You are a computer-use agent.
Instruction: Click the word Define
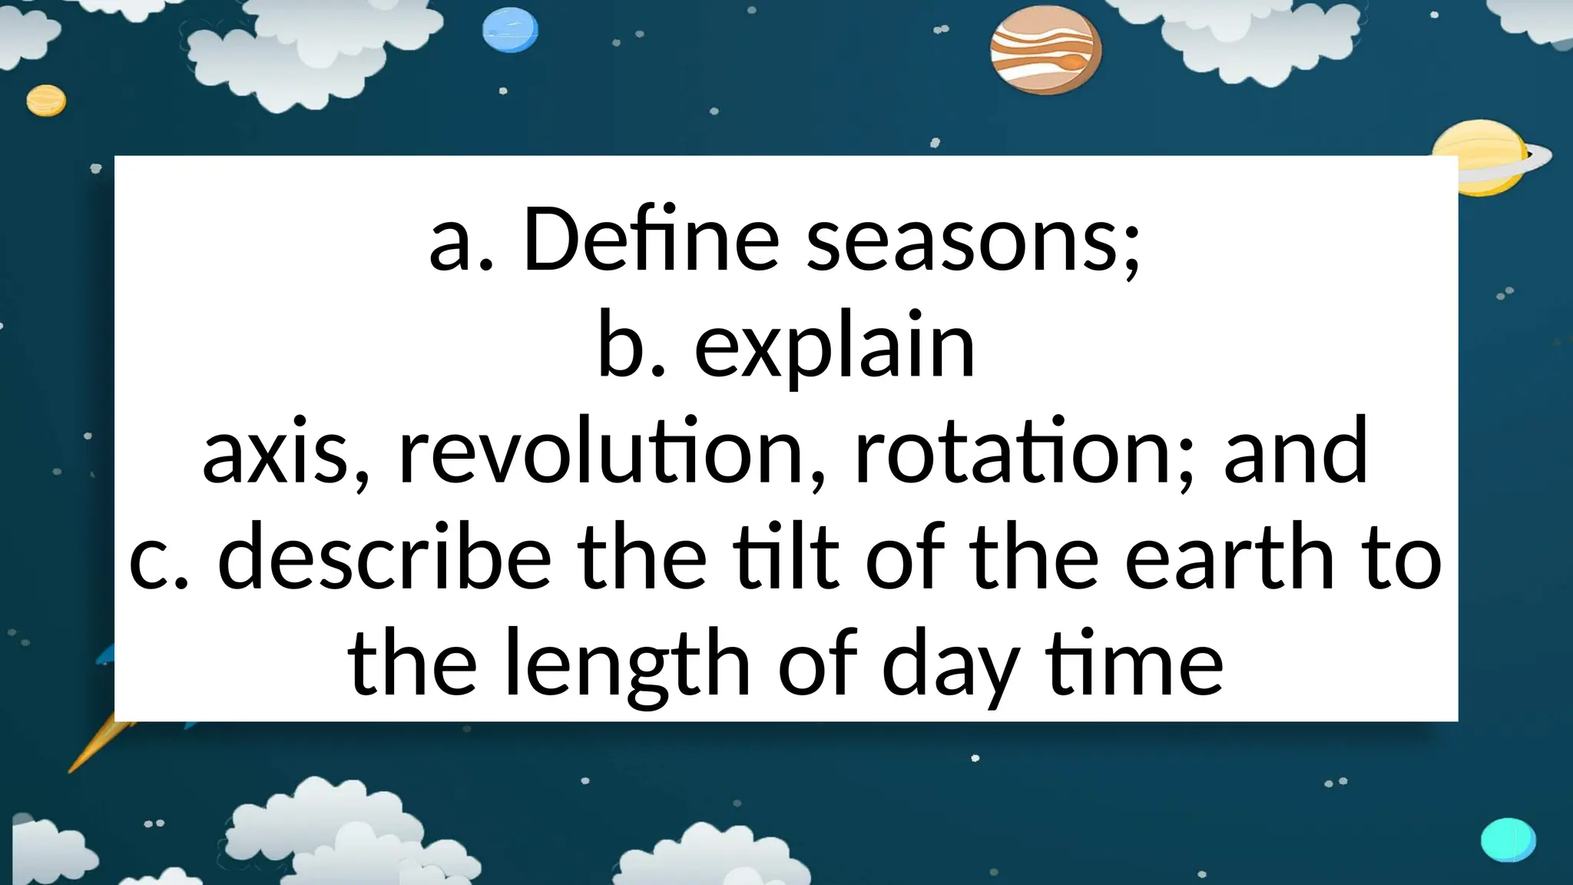[651, 240]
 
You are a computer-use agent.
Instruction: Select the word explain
[834, 347]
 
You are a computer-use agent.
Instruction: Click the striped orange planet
[1045, 55]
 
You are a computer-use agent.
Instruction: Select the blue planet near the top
[510, 31]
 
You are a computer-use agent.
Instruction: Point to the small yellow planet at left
[46, 101]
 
